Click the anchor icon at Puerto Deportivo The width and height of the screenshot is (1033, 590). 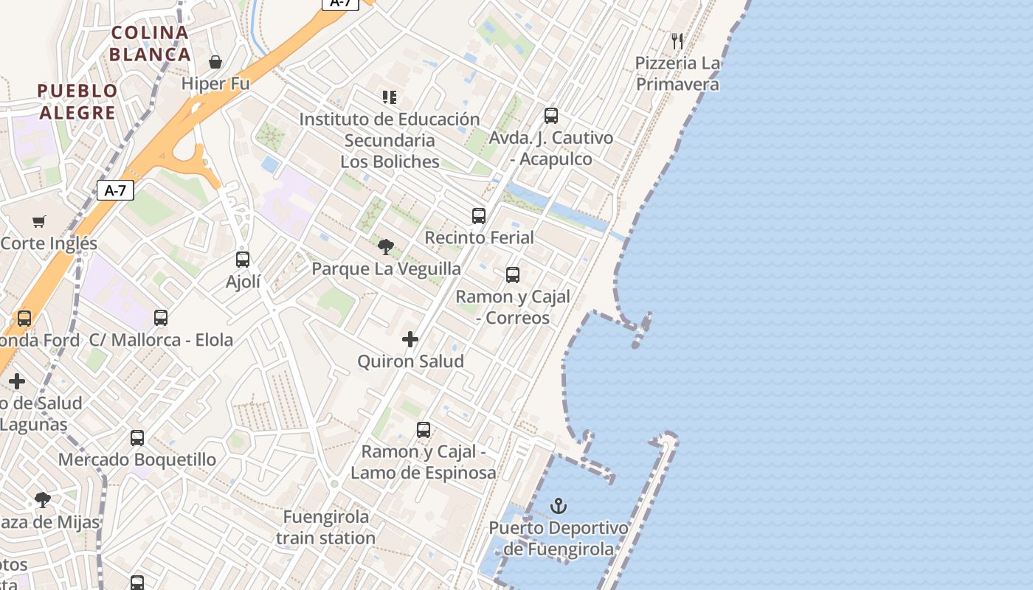(x=559, y=506)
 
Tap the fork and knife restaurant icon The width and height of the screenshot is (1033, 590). (x=677, y=41)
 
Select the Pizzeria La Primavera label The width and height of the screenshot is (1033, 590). (x=677, y=74)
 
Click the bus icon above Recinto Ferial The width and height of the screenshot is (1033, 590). (x=479, y=215)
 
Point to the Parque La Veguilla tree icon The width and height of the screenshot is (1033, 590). (x=385, y=247)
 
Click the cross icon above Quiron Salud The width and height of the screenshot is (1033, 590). (x=410, y=339)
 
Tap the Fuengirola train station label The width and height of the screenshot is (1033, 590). (x=326, y=527)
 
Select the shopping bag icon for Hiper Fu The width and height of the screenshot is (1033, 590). (x=215, y=61)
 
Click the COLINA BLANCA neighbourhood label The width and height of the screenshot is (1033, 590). (x=150, y=44)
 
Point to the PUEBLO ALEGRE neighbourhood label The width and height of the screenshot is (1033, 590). (x=77, y=102)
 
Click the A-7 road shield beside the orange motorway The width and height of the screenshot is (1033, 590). (x=116, y=190)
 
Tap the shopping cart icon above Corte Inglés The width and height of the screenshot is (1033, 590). (x=39, y=221)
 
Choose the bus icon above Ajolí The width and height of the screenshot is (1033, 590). (x=243, y=260)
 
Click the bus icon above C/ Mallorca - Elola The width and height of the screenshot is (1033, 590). (x=161, y=318)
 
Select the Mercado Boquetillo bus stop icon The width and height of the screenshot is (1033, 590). (x=137, y=437)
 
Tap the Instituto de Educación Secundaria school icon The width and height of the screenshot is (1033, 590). (x=389, y=97)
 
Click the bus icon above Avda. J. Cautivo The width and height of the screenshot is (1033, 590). (x=551, y=116)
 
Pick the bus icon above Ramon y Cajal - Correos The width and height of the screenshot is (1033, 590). (x=513, y=275)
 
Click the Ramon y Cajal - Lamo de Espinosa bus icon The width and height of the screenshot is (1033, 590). (x=424, y=429)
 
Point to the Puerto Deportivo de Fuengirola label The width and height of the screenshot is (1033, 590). (x=559, y=539)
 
